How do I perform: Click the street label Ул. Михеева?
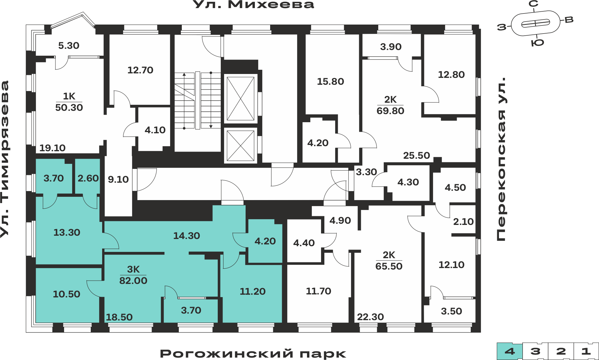tap(253, 4)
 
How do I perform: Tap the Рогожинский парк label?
tap(253, 354)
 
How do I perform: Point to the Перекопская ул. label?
tap(501, 159)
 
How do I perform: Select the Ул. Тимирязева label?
tap(5, 159)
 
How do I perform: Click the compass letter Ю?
tap(537, 43)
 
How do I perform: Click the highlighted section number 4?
tap(510, 351)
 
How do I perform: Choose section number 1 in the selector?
tap(586, 351)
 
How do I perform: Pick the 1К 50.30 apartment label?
tap(69, 102)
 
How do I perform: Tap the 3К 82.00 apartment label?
tap(133, 275)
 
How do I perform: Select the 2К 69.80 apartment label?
tap(390, 105)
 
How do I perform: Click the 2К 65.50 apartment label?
tap(389, 261)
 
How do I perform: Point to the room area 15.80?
tap(330, 81)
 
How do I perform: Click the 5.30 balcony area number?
tap(69, 46)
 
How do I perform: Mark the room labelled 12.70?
tap(140, 70)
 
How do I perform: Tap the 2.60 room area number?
tap(88, 178)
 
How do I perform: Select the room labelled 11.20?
tap(252, 291)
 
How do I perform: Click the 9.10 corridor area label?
tap(118, 179)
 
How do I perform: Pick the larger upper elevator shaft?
tap(240, 99)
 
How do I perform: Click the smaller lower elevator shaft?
tap(240, 146)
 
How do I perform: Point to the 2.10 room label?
tap(463, 222)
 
